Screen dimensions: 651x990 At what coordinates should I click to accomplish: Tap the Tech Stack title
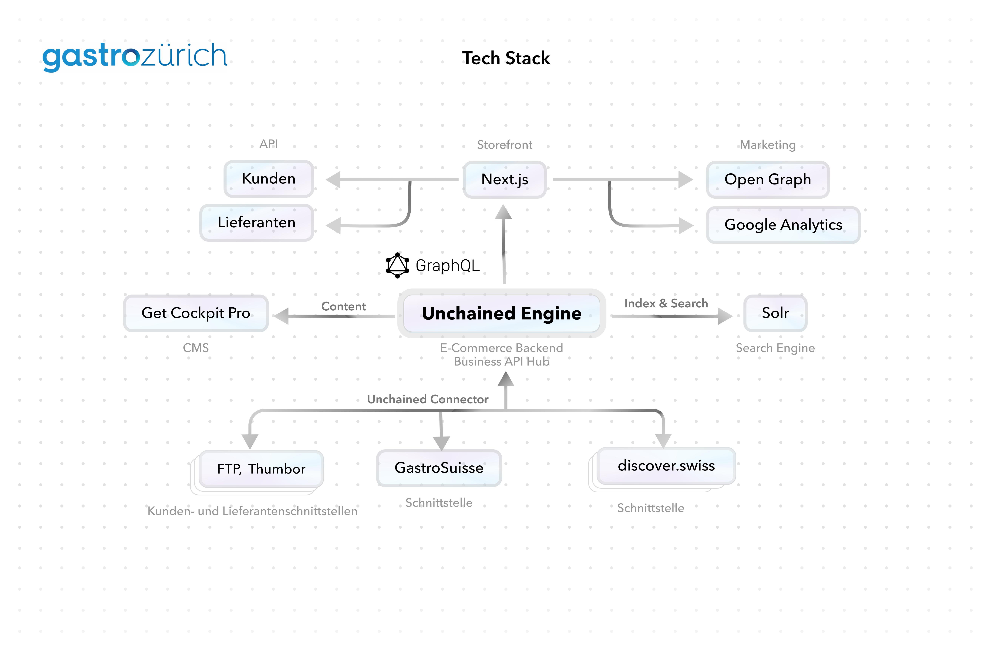506,58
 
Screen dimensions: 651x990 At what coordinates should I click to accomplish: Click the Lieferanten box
257,223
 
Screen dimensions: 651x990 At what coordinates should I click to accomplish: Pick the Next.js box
505,179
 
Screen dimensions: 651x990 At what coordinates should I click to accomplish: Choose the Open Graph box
767,179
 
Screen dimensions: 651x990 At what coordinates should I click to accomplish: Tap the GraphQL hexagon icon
397,265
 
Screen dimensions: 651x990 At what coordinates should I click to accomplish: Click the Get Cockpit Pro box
196,313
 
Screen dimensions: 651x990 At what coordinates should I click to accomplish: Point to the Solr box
775,313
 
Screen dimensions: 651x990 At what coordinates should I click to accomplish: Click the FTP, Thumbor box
261,469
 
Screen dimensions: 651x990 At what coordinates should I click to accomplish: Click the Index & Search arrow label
666,303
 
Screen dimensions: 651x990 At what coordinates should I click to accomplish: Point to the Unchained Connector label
428,399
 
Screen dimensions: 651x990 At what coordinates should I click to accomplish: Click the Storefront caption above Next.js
505,145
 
